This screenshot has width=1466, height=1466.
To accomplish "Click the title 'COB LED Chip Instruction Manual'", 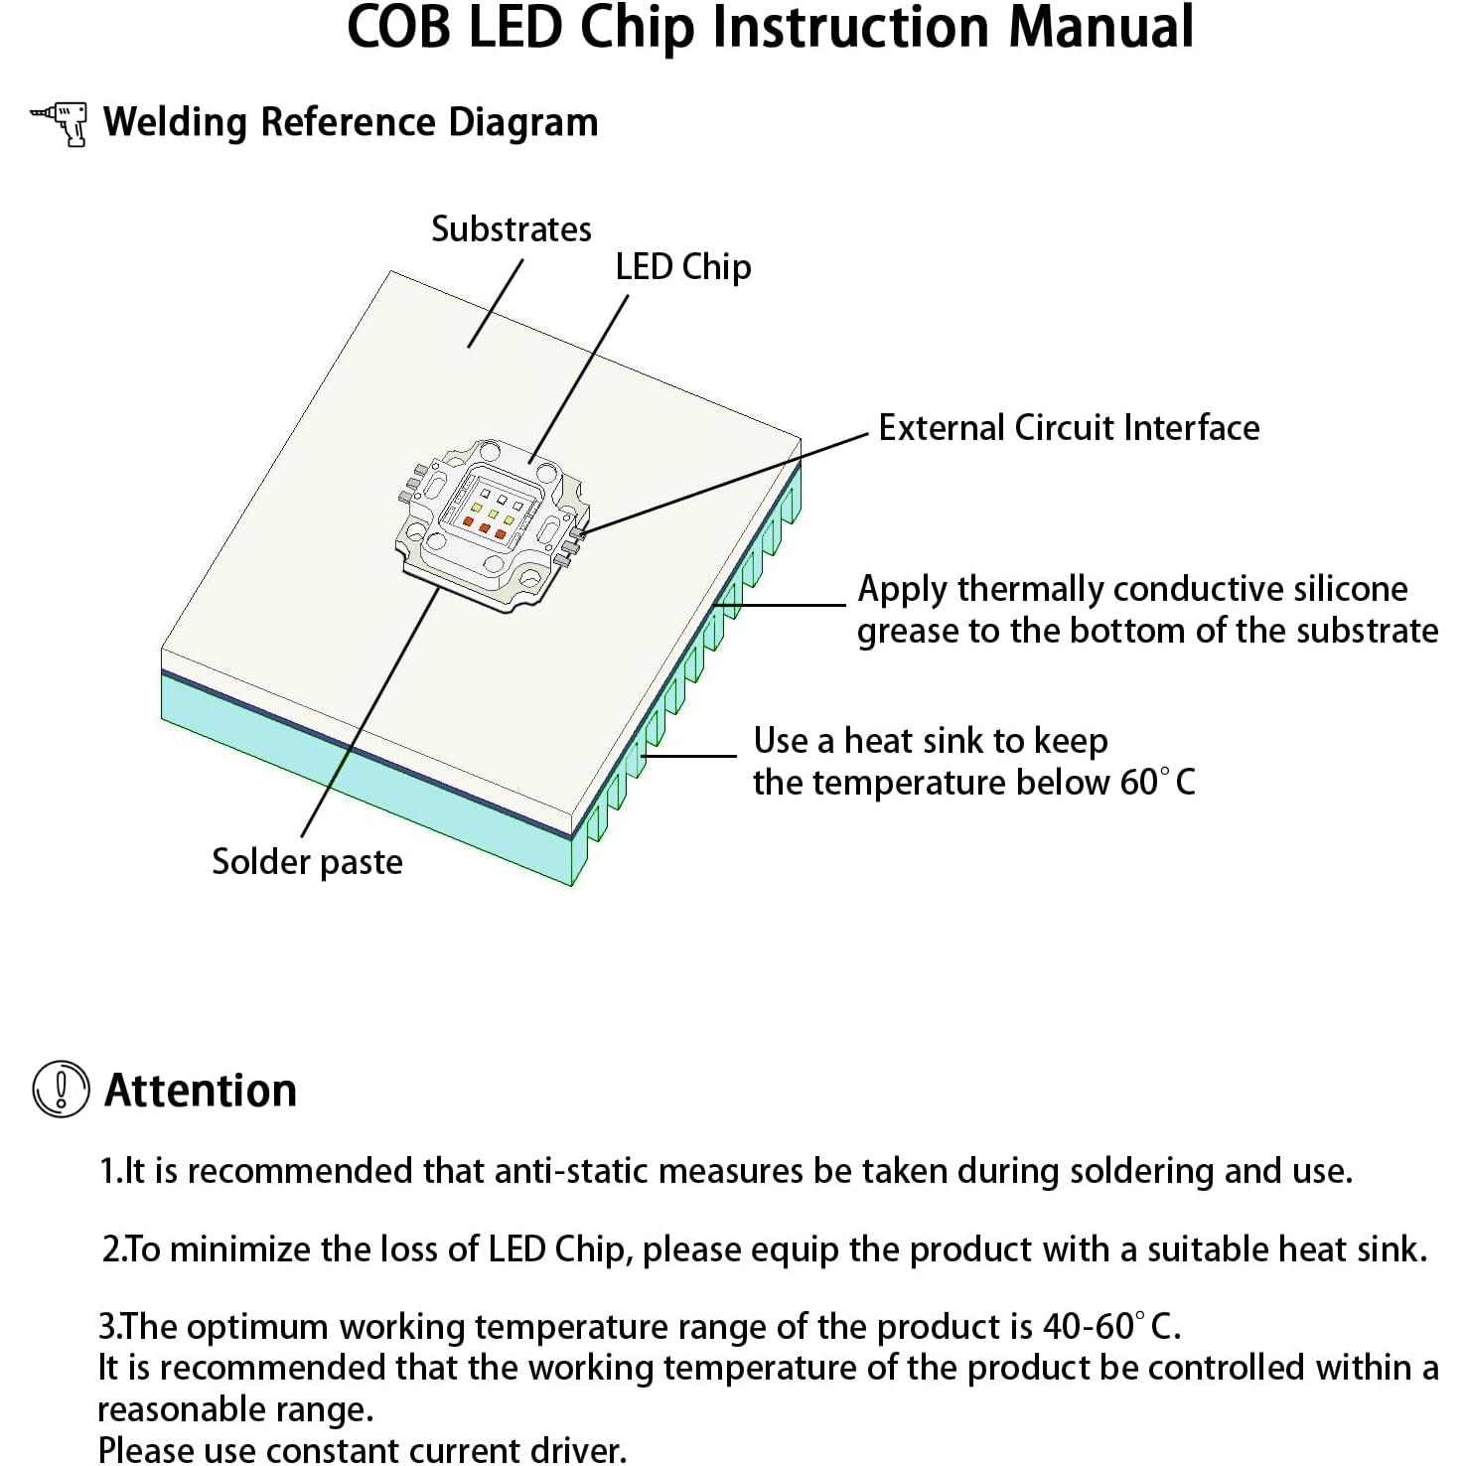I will [770, 28].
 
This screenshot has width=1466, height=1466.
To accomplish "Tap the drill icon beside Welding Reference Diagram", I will [60, 123].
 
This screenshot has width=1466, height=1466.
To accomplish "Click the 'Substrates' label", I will [511, 229].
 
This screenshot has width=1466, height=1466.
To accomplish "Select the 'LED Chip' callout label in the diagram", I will [682, 267].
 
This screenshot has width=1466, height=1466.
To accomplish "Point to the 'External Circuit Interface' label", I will [1069, 428].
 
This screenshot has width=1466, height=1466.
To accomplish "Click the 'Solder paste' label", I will [307, 861].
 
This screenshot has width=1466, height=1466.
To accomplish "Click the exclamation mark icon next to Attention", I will [61, 1089].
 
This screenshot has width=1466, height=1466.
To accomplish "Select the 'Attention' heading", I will [201, 1091].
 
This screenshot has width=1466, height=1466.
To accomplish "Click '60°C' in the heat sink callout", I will [1157, 783].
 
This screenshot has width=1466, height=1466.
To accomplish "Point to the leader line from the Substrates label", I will [495, 305].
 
